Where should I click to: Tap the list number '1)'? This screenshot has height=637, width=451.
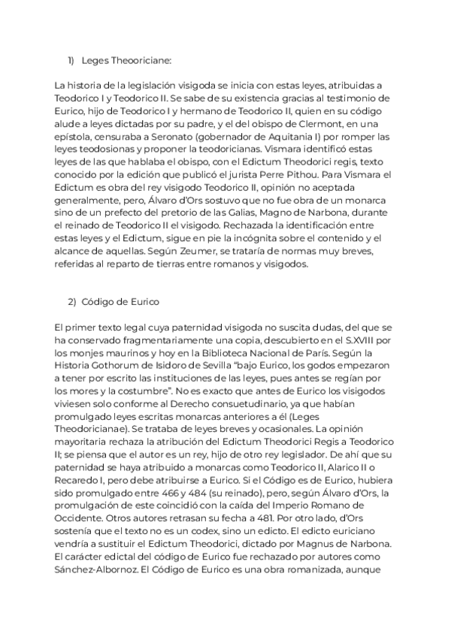pyautogui.click(x=73, y=60)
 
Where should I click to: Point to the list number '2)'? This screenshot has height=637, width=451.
pyautogui.click(x=73, y=301)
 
